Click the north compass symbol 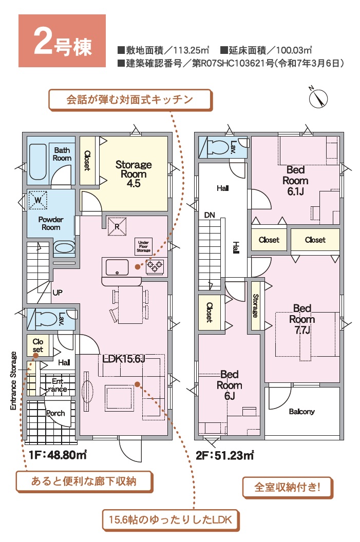(318, 98)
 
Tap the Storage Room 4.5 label (134, 173)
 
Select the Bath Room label (62, 154)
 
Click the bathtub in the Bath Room (37, 162)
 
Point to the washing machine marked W (37, 200)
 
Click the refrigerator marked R (117, 227)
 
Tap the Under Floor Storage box (143, 246)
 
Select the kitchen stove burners (155, 266)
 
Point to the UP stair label (58, 293)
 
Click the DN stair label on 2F (210, 215)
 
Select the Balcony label (301, 411)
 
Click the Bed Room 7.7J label (302, 319)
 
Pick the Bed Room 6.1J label (295, 181)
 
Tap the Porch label (55, 413)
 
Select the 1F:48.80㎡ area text (58, 455)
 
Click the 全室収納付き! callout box (288, 488)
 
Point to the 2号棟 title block (62, 41)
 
